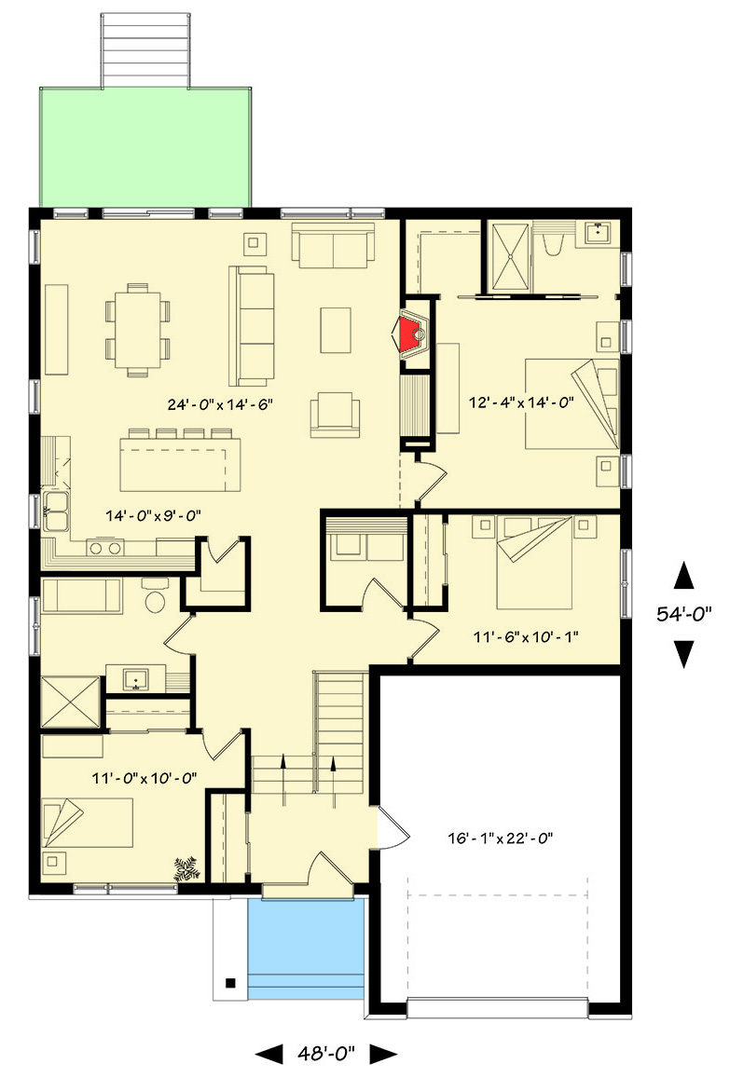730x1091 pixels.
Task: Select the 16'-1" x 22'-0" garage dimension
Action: point(501,838)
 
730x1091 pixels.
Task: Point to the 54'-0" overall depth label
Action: point(684,615)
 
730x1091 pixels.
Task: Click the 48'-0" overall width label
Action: point(325,1054)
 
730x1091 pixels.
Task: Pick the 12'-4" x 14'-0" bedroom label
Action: point(520,402)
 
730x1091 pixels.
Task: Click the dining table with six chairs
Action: point(138,329)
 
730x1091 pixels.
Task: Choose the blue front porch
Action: point(305,948)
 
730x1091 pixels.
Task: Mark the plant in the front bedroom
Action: point(186,868)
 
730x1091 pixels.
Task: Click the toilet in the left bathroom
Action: point(154,596)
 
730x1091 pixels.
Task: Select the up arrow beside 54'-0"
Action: point(684,576)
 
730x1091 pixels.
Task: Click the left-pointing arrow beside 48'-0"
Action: point(269,1054)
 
